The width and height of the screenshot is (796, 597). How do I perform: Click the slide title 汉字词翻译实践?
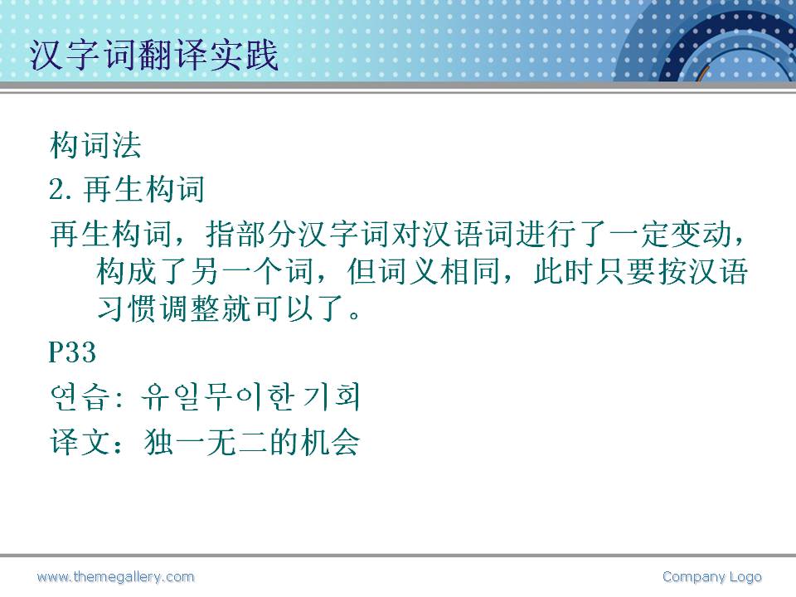154,55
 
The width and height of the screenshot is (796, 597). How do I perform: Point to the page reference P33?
72,352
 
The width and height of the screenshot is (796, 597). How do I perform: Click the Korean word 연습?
80,396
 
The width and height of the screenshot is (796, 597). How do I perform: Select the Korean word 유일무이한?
216,396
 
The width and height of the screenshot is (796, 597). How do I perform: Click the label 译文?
80,441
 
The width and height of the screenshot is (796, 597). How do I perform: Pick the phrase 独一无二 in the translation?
206,441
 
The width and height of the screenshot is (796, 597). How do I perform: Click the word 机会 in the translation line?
329,441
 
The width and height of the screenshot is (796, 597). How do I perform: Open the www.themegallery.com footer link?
116,577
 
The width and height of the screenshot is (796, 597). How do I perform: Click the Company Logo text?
711,577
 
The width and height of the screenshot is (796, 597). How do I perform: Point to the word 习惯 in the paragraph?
126,308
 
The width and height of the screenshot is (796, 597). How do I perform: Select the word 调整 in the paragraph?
189,308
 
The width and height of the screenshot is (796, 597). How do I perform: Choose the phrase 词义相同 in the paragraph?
439,271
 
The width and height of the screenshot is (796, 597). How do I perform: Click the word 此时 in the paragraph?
563,271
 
